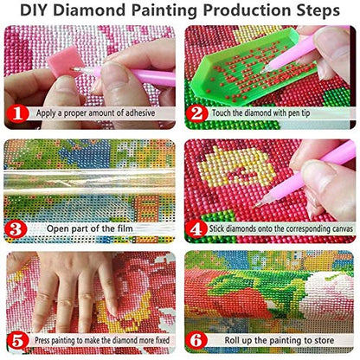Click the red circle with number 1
[x=17, y=112]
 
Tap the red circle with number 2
[x=197, y=112]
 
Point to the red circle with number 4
[x=197, y=229]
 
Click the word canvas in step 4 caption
[x=333, y=230]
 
